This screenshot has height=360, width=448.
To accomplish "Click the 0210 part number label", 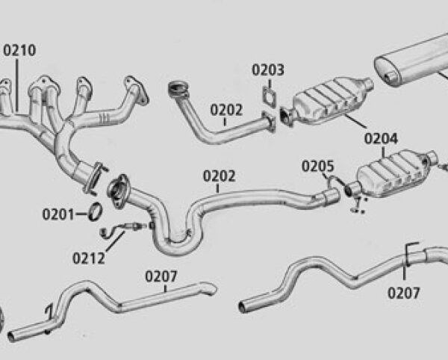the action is point(19,50).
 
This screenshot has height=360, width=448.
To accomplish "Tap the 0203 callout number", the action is point(268,70).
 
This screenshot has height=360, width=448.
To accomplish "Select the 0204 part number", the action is point(381,139).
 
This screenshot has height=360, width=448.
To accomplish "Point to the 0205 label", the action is point(318,167).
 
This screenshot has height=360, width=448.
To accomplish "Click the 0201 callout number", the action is point(58,214).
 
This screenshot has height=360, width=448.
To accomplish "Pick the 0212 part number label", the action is point(89,258).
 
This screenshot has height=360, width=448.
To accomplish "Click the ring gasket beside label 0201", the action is point(95,211).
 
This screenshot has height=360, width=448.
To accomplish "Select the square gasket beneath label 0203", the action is point(270,96).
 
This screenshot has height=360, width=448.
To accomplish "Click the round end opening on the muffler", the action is point(389,77).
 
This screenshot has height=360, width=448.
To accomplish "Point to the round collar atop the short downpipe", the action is point(178,89).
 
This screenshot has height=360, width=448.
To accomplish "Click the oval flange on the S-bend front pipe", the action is point(118,191).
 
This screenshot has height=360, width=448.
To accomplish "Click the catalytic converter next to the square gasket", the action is point(326,101).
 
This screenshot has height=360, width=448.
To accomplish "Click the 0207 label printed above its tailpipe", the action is point(161,276).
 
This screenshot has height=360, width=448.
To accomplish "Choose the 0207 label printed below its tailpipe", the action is point(404,293).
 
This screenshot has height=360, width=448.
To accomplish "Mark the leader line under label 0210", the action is point(17,85).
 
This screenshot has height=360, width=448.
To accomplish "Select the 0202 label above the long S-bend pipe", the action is point(219,176).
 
